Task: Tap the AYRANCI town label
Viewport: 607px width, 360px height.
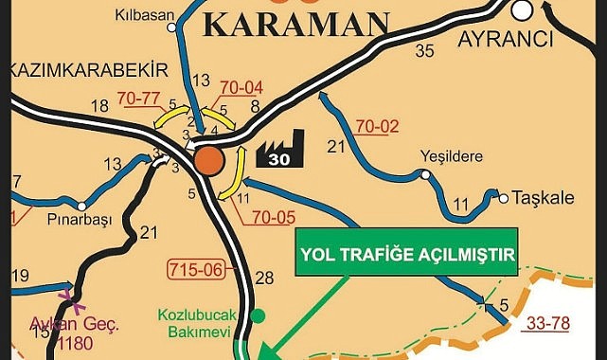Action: [x=504, y=39]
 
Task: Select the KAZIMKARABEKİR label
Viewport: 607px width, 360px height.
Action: [x=86, y=70]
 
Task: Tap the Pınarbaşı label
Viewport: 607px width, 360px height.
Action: [x=80, y=220]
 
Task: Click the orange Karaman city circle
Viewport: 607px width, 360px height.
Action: [x=209, y=162]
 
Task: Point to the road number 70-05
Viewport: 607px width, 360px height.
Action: [x=274, y=218]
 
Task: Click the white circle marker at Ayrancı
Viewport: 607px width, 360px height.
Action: [x=521, y=9]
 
